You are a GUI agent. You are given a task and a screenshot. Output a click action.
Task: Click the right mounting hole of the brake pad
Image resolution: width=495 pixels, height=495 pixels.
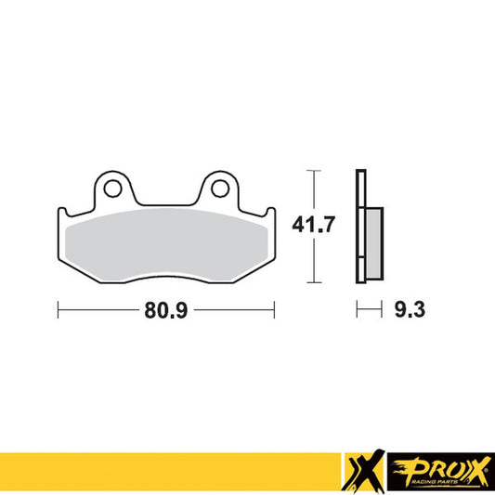219,189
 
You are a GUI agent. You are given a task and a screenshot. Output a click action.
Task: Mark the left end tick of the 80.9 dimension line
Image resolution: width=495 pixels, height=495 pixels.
59,309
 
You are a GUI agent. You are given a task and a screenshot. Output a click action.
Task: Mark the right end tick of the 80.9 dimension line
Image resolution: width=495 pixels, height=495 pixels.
273,309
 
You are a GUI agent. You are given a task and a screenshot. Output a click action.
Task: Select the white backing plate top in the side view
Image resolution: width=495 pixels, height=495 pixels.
359,186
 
